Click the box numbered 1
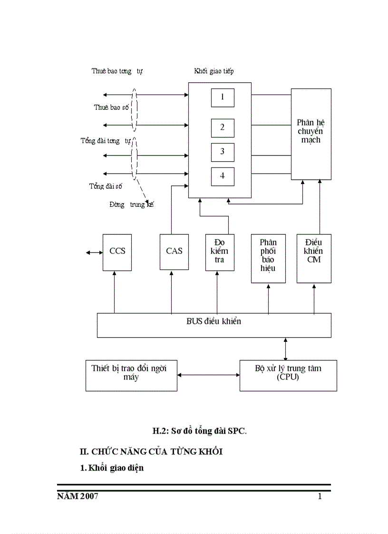(223, 97)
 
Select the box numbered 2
(223, 127)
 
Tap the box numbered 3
(223, 152)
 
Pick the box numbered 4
(223, 176)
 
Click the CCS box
(117, 252)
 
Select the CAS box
(174, 252)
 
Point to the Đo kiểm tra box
(220, 252)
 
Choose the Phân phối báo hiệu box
(268, 258)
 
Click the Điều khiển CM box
(314, 258)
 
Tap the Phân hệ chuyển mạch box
(311, 134)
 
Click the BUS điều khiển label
(214, 321)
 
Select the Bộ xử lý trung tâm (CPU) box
(288, 375)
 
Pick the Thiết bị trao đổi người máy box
(132, 375)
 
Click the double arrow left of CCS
(94, 252)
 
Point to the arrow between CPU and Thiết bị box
(208, 375)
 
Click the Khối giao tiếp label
(213, 71)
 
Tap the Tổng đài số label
(106, 186)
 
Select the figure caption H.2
(199, 431)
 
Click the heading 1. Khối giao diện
(112, 468)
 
